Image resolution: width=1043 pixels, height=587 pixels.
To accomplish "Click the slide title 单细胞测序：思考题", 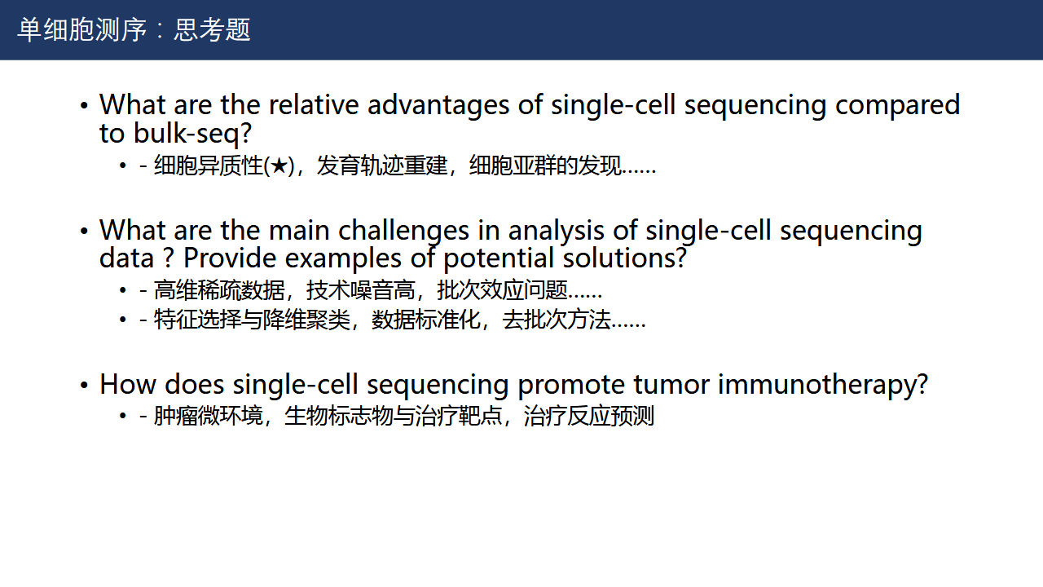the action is (x=134, y=30).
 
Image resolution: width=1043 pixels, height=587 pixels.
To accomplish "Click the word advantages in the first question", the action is (x=438, y=104).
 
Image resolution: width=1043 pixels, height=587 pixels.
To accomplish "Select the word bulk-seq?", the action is (x=193, y=134).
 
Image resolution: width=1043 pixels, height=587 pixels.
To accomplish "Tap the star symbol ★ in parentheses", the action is (x=279, y=166).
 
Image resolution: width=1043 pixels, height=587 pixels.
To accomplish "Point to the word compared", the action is (x=898, y=105).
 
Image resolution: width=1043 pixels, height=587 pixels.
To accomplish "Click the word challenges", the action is (x=403, y=231).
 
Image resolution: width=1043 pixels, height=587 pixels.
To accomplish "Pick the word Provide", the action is (x=230, y=258).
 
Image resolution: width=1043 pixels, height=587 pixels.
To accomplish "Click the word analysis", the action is (x=556, y=231).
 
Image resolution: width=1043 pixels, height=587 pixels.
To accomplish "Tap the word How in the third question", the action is (x=128, y=384).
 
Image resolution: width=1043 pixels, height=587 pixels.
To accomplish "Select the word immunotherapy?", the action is (x=823, y=386).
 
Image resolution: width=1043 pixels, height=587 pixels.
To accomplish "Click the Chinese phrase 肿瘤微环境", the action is (x=208, y=416).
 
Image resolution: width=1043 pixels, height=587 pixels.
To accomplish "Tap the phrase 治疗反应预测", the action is (x=589, y=416).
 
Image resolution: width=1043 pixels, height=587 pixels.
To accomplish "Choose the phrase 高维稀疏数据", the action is (x=219, y=290).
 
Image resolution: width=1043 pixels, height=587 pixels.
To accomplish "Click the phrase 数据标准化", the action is (x=426, y=320).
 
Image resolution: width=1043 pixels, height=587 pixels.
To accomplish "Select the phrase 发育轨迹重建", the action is (x=382, y=166).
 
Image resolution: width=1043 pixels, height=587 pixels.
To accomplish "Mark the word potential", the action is (x=498, y=259).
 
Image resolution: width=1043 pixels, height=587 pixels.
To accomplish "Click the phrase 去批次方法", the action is (x=557, y=320).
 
